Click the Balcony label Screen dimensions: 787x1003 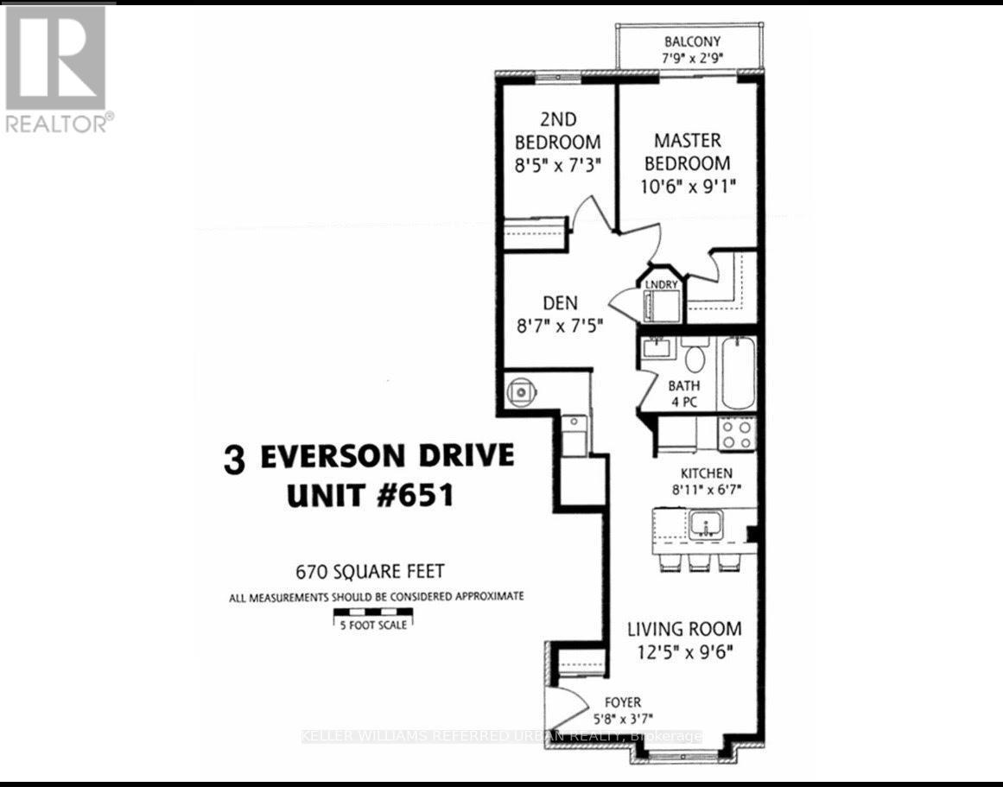click(x=692, y=41)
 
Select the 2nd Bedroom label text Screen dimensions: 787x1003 click(x=557, y=130)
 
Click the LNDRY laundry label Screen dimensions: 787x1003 click(x=662, y=284)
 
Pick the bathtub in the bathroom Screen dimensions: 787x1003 click(x=738, y=373)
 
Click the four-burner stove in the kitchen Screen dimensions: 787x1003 click(x=737, y=433)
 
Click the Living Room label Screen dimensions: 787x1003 click(x=684, y=629)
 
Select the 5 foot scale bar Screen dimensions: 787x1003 click(x=373, y=615)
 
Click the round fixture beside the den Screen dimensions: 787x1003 click(x=522, y=391)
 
